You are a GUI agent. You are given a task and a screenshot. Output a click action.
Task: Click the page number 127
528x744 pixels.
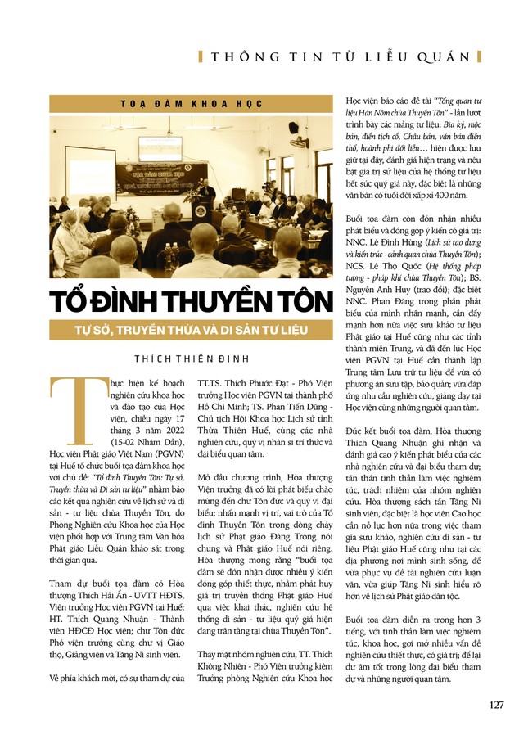(x=496, y=705)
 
